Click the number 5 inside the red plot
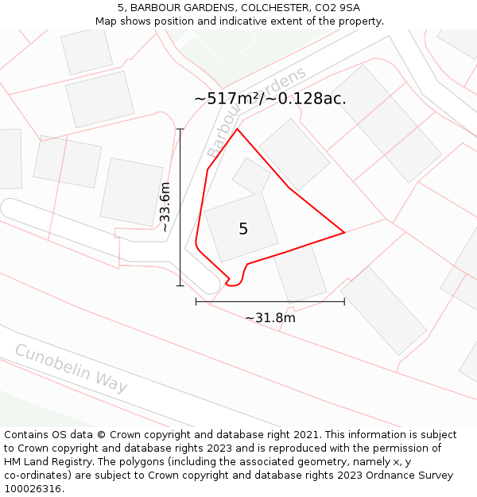[x=243, y=229]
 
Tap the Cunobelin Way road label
[x=71, y=368]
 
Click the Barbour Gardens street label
[x=256, y=112]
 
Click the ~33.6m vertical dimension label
[x=165, y=207]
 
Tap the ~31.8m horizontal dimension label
[x=270, y=318]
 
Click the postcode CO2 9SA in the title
[x=337, y=8]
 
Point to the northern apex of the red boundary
[x=237, y=129]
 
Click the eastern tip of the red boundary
[x=344, y=232]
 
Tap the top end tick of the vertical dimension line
[x=180, y=129]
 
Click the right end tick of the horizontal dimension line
[x=344, y=301]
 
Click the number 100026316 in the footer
[x=33, y=489]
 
